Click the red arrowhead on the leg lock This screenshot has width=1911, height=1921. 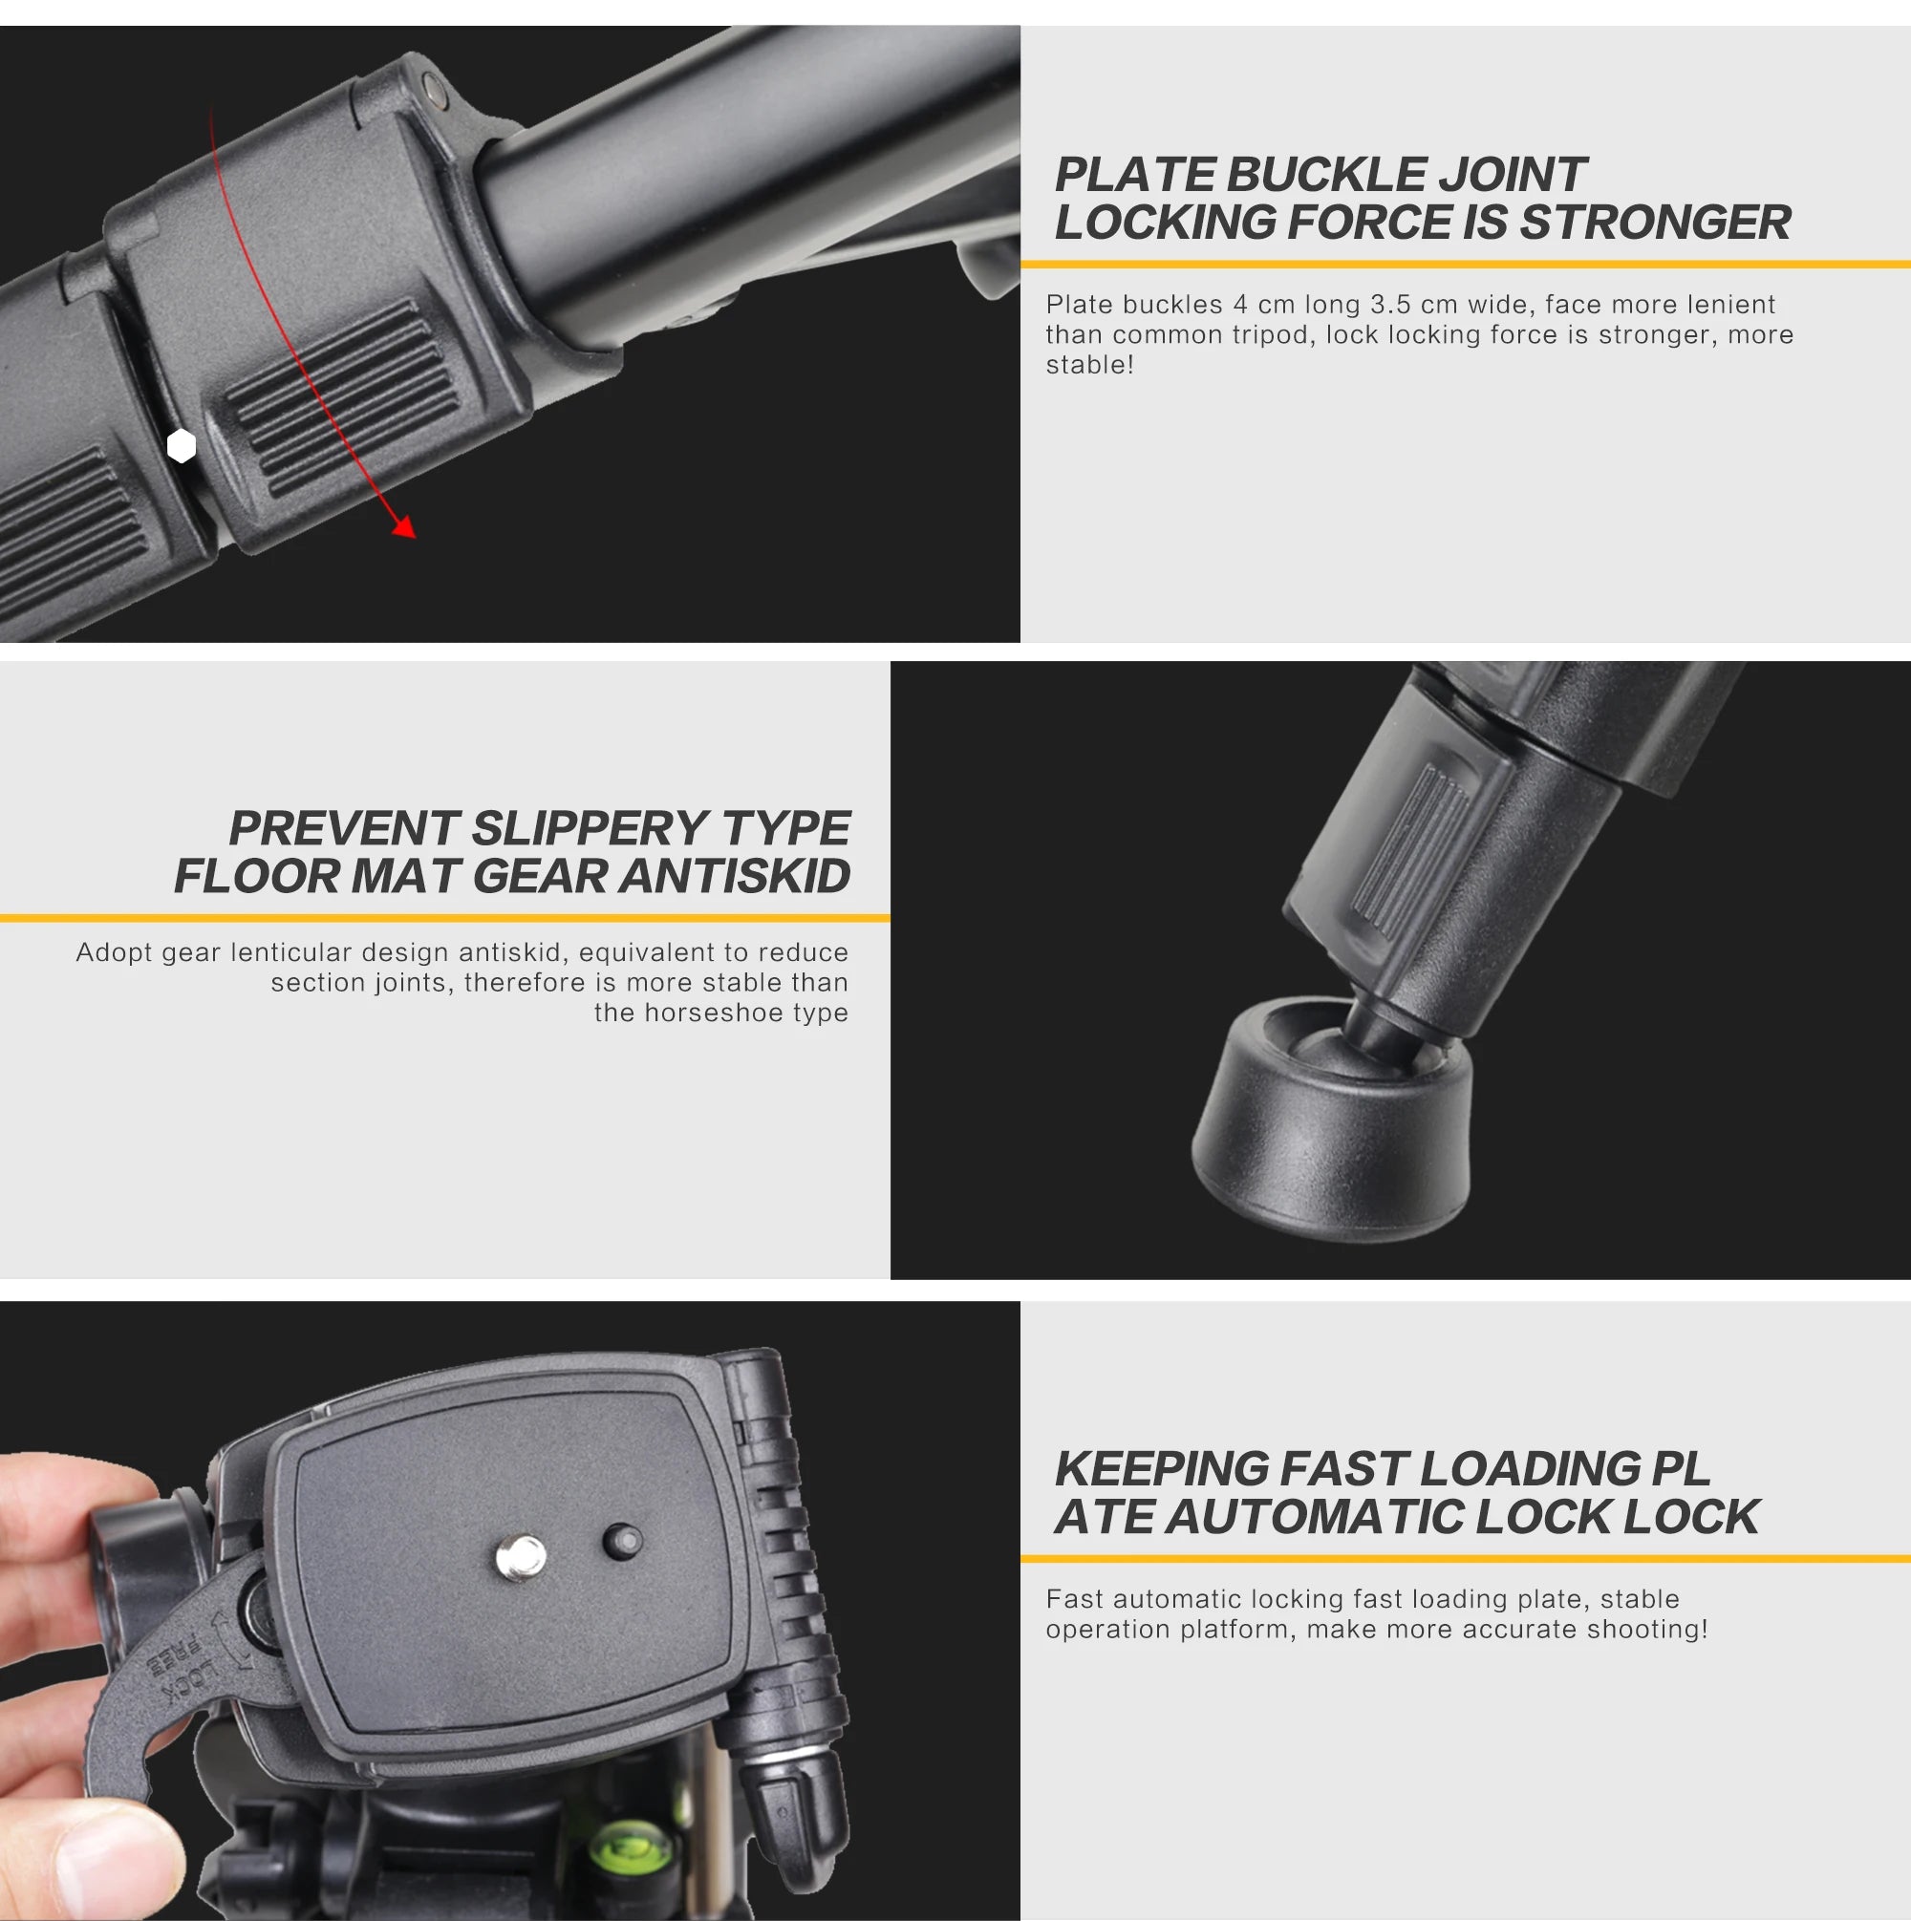pyautogui.click(x=405, y=527)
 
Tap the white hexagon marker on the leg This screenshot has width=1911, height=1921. pyautogui.click(x=181, y=446)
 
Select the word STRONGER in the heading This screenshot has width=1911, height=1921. pyautogui.click(x=1655, y=222)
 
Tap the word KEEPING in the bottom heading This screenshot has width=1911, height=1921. pyautogui.click(x=1160, y=1469)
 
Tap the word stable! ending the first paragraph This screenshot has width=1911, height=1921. pyautogui.click(x=1089, y=365)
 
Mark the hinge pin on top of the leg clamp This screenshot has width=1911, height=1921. pyautogui.click(x=432, y=90)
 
